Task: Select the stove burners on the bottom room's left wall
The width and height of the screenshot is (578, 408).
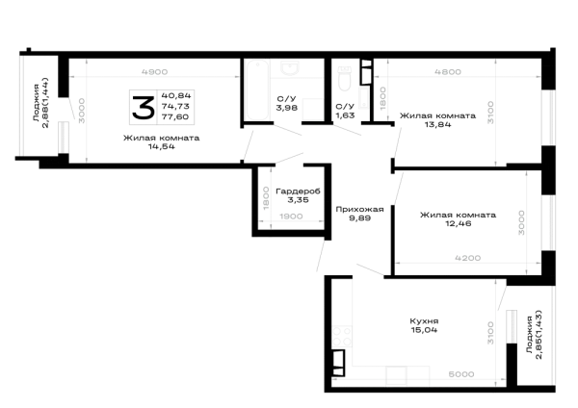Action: pos(337,336)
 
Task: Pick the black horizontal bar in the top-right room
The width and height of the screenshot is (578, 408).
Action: pos(439,117)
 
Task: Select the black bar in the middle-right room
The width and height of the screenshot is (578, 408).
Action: pos(459,217)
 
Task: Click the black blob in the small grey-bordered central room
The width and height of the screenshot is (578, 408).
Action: pos(297,190)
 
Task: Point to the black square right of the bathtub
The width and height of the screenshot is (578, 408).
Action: pos(289,104)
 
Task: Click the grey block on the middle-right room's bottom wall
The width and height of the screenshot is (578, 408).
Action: pos(469,258)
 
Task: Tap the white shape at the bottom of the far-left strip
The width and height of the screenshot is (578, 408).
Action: pos(41,140)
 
